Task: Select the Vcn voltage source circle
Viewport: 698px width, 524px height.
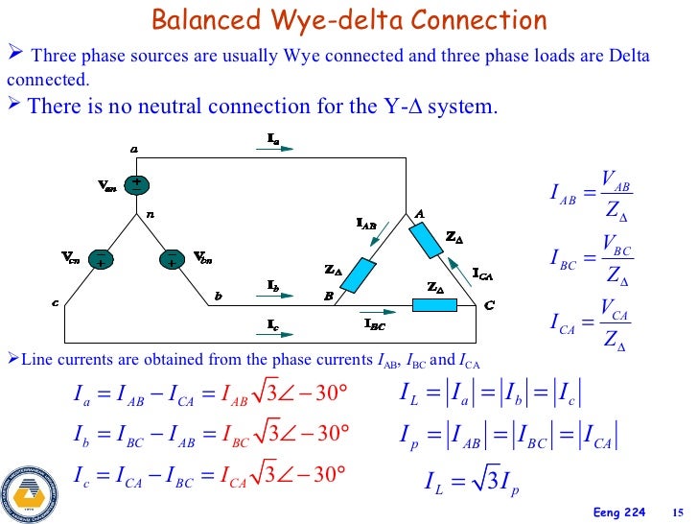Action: coord(100,258)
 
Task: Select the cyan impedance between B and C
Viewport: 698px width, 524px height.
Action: coord(435,305)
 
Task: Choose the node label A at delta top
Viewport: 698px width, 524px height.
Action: coord(419,213)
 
